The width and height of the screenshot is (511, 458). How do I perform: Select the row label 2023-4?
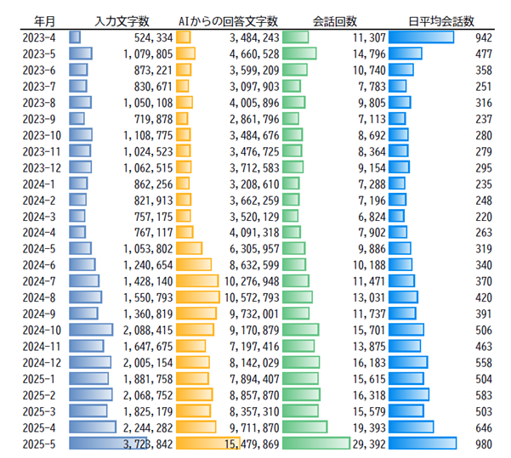[40, 37]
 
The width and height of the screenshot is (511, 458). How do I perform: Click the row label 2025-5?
[40, 443]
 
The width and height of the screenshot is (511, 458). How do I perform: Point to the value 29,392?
[368, 443]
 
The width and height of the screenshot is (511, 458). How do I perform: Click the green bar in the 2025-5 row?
[315, 443]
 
